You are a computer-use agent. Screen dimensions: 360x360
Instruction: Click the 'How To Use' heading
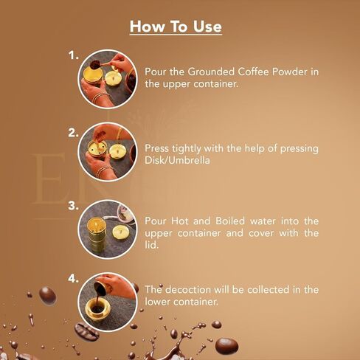(x=176, y=27)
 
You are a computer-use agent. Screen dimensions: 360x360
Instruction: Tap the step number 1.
(x=73, y=55)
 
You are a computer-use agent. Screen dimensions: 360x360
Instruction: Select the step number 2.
(x=73, y=133)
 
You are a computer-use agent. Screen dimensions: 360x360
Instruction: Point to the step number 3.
(x=73, y=206)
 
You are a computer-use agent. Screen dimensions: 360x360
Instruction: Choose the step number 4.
(x=73, y=279)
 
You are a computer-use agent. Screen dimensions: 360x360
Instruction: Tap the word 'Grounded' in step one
(x=211, y=72)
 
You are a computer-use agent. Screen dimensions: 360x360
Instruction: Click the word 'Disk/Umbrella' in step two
(x=177, y=161)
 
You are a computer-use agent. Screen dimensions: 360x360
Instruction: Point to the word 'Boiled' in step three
(x=230, y=221)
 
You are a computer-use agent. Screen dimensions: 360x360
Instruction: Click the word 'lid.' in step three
(x=151, y=245)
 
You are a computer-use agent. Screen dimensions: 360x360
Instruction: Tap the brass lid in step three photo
(x=121, y=232)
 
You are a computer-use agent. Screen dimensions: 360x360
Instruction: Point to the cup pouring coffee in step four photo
(x=100, y=288)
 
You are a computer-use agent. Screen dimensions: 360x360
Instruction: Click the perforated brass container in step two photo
(x=97, y=148)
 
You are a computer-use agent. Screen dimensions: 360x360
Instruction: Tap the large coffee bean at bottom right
(x=226, y=346)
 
